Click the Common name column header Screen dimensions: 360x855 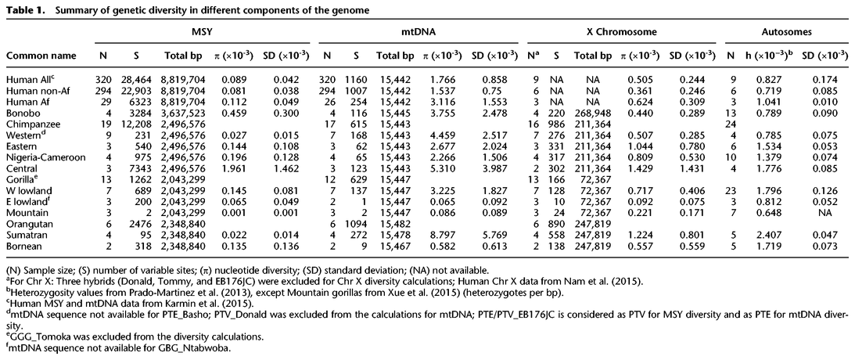(x=41, y=56)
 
